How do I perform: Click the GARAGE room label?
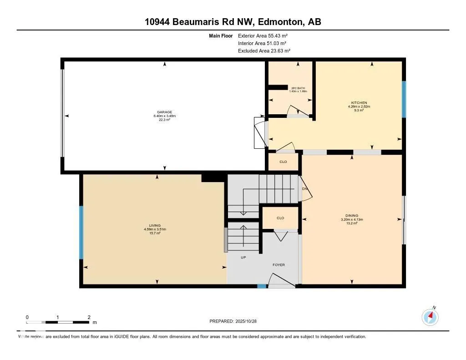[165, 112]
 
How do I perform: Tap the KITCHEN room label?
[359, 103]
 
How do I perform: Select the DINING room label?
[352, 216]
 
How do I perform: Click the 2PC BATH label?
[298, 88]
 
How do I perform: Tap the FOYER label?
[279, 264]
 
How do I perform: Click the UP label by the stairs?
[243, 257]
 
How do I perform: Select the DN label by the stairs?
[305, 188]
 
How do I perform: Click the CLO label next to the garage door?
[283, 162]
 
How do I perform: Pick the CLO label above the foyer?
[280, 218]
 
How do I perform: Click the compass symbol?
[430, 316]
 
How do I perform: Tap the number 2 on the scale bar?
[89, 317]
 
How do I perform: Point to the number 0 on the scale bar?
[27, 317]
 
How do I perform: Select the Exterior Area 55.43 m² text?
[263, 35]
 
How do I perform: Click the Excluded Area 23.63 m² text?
[264, 51]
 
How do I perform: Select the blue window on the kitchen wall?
[404, 99]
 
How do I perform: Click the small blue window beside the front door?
[262, 286]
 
